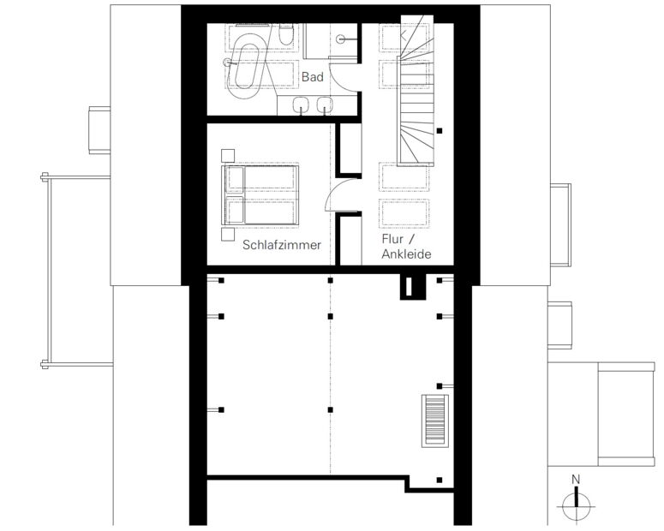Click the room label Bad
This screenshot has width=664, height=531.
pyautogui.click(x=313, y=77)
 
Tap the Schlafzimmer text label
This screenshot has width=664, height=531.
pyautogui.click(x=282, y=245)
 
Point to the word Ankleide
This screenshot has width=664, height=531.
pyautogui.click(x=406, y=254)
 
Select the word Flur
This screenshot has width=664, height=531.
pyautogui.click(x=392, y=239)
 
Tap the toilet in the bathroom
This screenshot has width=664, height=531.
pyautogui.click(x=286, y=35)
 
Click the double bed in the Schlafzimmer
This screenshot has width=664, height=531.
pyautogui.click(x=260, y=195)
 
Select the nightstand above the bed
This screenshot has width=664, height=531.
pyautogui.click(x=228, y=156)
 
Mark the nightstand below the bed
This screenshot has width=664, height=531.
pyautogui.click(x=228, y=234)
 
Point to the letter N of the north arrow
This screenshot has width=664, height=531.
pyautogui.click(x=576, y=480)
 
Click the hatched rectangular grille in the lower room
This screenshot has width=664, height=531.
pyautogui.click(x=435, y=420)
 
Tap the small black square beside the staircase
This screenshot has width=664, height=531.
pyautogui.click(x=440, y=131)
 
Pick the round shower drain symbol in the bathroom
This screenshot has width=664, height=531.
pyautogui.click(x=340, y=39)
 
